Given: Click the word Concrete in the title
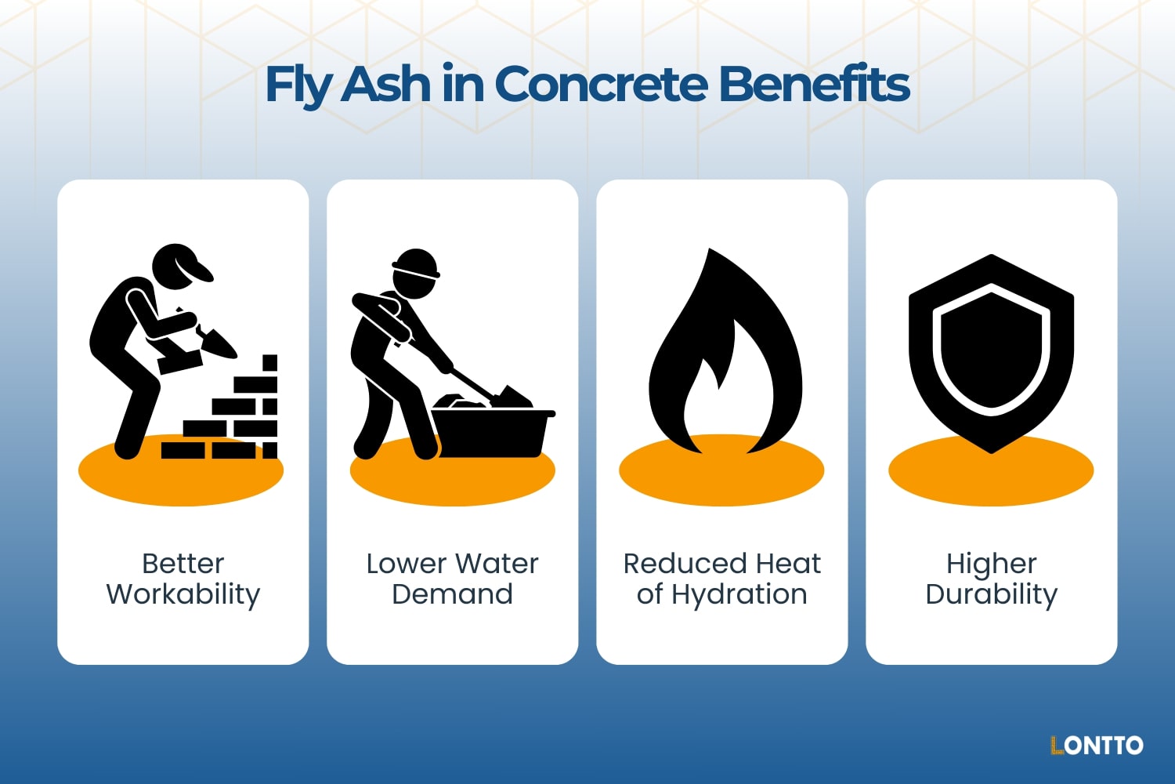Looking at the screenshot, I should tap(601, 85).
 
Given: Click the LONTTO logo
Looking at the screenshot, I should tap(1097, 745).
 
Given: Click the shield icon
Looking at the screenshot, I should tap(991, 353).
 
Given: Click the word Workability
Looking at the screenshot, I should tap(183, 594).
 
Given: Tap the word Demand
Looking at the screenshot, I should tap(452, 594).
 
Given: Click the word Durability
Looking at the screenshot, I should tap(991, 594).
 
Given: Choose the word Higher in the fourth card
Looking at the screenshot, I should tap(991, 564).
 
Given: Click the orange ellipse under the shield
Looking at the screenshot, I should tap(991, 478).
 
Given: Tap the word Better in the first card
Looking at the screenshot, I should tap(183, 564).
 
